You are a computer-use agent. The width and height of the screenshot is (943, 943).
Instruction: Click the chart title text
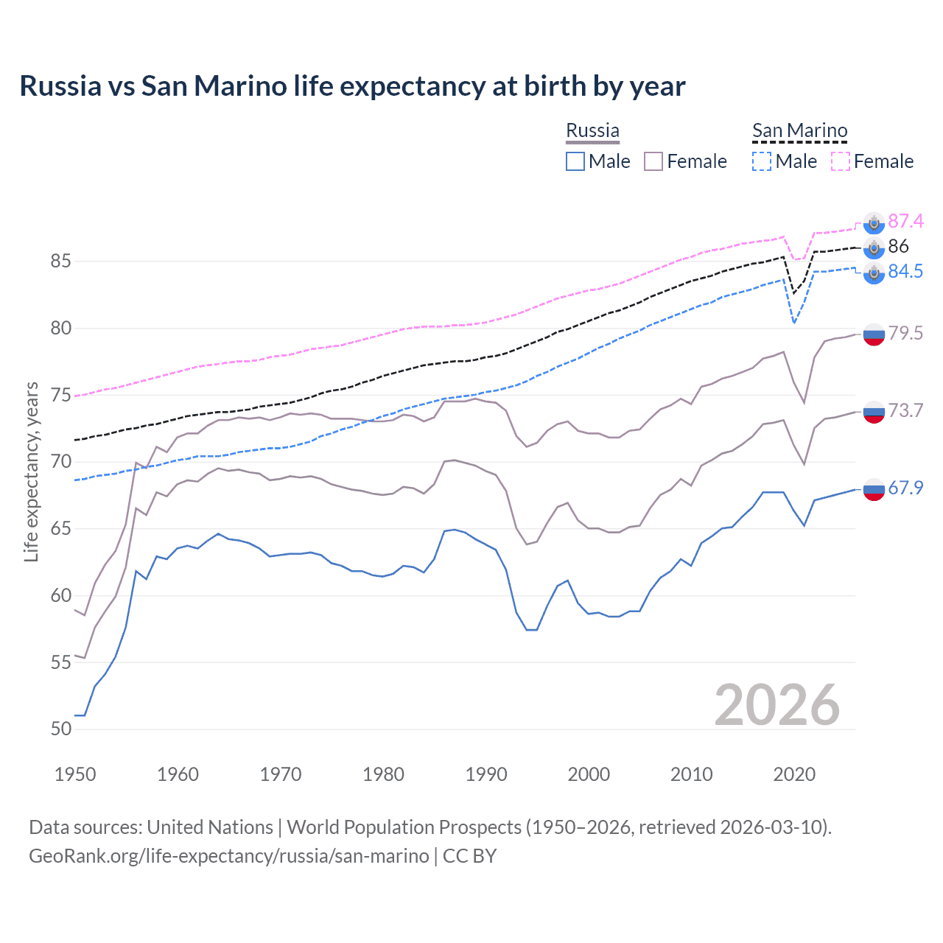[352, 86]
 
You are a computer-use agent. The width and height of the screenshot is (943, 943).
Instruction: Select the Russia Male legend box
[575, 161]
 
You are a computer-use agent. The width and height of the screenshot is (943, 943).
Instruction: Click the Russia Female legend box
[653, 161]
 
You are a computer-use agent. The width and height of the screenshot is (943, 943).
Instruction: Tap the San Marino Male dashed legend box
[762, 161]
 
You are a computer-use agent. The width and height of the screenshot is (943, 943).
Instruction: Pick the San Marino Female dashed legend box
[841, 161]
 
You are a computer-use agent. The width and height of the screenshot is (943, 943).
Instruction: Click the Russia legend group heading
[592, 130]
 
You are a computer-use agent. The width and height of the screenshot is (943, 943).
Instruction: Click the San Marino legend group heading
[799, 130]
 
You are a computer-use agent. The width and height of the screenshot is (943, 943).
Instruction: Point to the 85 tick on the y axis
[61, 262]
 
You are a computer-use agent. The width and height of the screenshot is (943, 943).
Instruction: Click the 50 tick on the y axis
[61, 729]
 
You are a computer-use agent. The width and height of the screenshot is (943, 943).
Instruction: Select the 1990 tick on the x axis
[486, 774]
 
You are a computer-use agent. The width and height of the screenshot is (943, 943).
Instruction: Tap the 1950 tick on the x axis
[75, 774]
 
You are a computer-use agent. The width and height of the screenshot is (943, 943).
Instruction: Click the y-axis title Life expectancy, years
[32, 471]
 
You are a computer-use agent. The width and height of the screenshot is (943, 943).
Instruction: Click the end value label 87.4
[905, 221]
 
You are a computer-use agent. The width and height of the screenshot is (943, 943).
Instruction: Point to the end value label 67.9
[905, 488]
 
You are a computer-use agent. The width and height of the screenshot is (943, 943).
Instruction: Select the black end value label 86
[898, 246]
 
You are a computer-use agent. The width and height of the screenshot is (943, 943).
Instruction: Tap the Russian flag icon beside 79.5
[873, 334]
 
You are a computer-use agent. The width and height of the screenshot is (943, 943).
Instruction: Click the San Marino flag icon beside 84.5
[873, 273]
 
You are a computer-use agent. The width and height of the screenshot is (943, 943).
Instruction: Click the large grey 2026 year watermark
[777, 705]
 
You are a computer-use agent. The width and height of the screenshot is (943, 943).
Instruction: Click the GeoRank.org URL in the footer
[228, 856]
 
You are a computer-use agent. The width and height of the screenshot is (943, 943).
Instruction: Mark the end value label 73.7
[905, 410]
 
